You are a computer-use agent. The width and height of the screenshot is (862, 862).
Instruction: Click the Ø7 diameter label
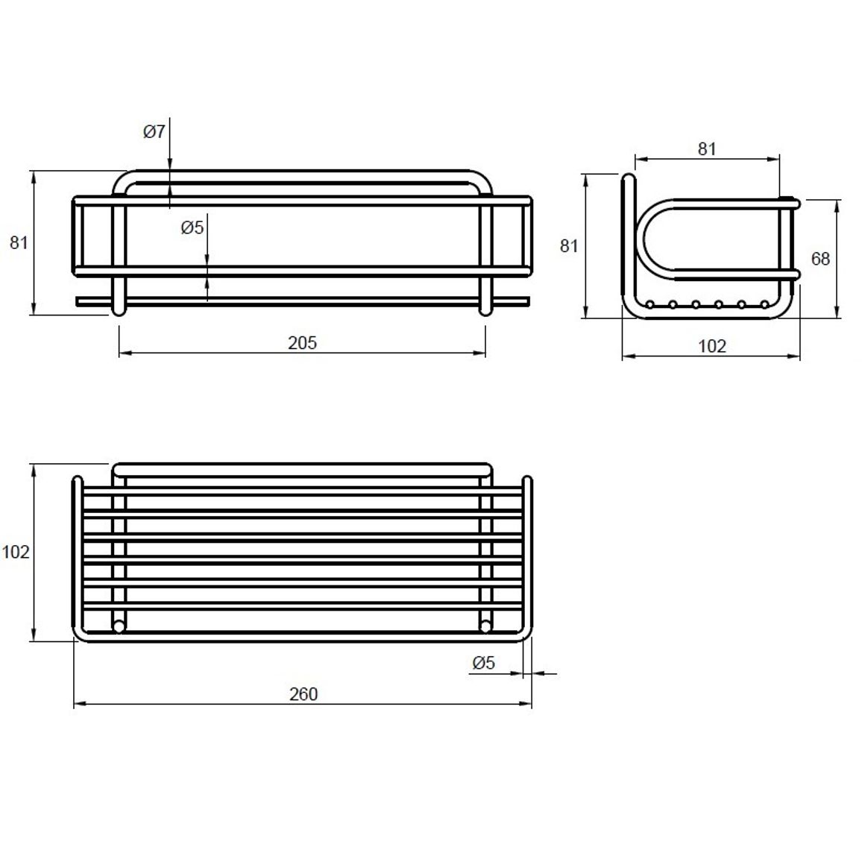click(x=154, y=132)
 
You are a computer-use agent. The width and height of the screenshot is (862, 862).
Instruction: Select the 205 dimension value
click(x=302, y=343)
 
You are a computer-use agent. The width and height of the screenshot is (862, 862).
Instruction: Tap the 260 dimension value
click(x=303, y=694)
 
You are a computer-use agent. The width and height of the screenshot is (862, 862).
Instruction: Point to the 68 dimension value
click(x=820, y=259)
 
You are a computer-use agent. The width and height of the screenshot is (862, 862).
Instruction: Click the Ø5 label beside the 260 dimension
click(x=484, y=663)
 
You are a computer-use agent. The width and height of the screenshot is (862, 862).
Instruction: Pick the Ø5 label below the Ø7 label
click(x=192, y=227)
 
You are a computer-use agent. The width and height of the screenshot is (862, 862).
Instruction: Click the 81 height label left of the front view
click(x=19, y=243)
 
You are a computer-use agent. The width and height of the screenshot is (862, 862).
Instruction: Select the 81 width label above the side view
click(x=707, y=149)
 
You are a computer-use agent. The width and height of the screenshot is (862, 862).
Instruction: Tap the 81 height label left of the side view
click(x=569, y=246)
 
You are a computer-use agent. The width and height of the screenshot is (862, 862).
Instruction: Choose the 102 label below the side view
click(x=712, y=346)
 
